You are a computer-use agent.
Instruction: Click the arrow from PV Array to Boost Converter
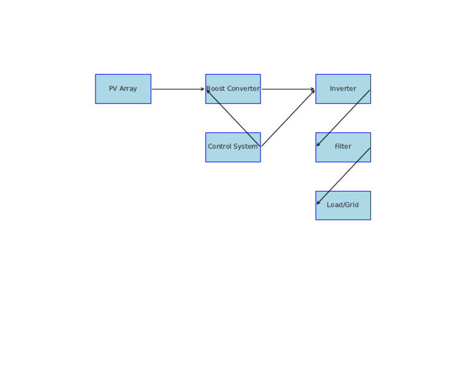click(178, 89)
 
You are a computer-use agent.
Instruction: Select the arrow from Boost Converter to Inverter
click(288, 89)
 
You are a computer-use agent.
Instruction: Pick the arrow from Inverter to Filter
click(343, 118)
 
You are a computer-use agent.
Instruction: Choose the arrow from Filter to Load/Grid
click(343, 176)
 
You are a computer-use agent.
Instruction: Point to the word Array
click(128, 89)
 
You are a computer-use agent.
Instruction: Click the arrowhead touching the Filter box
click(318, 144)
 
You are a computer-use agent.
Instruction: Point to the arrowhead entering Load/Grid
click(318, 203)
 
